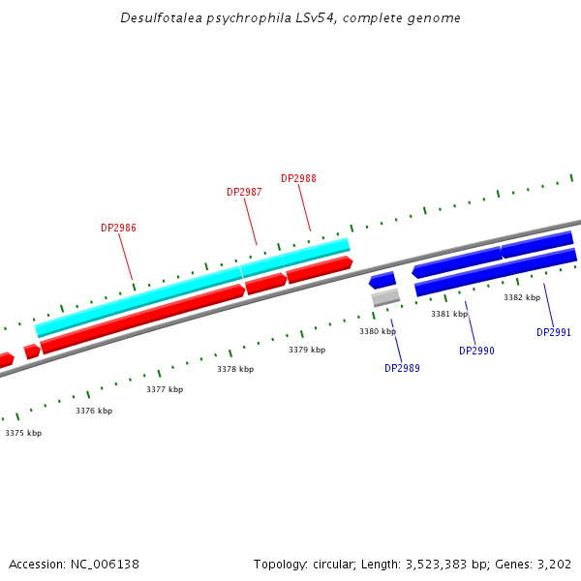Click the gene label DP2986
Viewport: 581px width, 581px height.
pos(118,229)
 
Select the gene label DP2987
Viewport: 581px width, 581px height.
pos(244,192)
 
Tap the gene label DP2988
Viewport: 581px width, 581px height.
pos(298,178)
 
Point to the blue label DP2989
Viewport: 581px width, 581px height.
pos(402,368)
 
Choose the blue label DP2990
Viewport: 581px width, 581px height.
pos(476,351)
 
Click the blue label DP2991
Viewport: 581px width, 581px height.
pos(554,332)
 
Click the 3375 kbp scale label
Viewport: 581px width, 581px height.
pos(23,433)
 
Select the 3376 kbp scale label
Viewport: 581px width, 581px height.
pos(94,411)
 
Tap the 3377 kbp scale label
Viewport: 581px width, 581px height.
pos(165,389)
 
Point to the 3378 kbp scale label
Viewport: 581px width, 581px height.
pos(235,369)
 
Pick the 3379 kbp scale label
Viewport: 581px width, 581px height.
pos(307,350)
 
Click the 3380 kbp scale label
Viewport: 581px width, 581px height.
pos(378,331)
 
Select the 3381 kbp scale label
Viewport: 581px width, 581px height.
pos(449,314)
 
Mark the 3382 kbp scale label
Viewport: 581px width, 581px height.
pos(522,297)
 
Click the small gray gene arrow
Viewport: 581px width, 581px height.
pos(385,297)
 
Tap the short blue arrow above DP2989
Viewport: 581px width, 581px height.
pos(382,281)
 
